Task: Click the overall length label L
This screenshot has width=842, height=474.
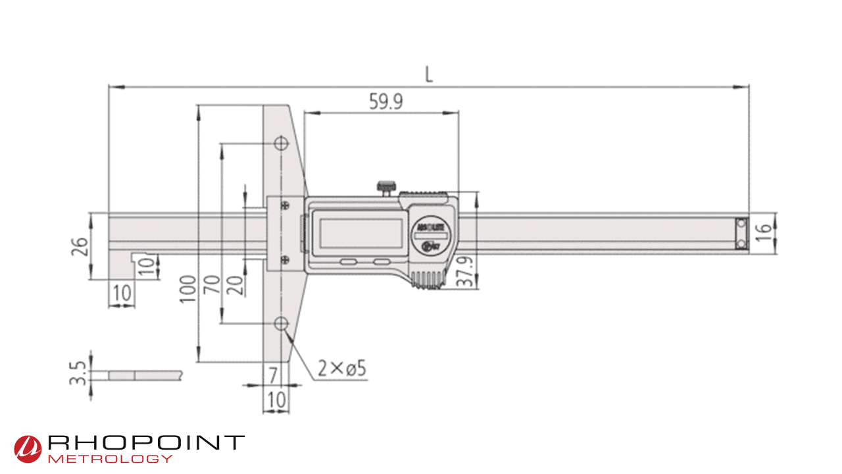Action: [429, 74]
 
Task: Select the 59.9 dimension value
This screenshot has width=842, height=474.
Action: [385, 101]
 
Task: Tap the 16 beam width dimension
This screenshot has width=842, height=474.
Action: [763, 232]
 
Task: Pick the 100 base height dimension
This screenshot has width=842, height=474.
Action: [187, 288]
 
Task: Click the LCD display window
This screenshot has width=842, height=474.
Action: [360, 230]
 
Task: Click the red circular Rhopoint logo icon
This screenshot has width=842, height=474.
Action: [28, 448]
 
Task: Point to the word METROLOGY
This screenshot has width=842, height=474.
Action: [111, 458]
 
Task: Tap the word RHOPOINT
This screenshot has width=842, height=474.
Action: [146, 442]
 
